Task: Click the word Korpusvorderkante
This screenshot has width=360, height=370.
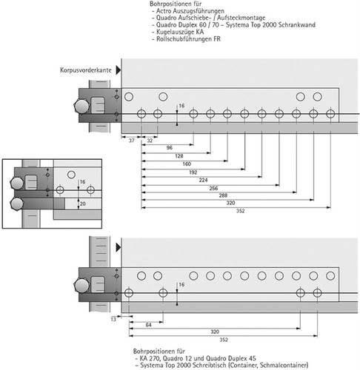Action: pyautogui.click(x=86, y=70)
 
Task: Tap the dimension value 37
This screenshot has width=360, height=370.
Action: pyautogui.click(x=132, y=141)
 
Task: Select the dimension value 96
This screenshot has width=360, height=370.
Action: pyautogui.click(x=170, y=148)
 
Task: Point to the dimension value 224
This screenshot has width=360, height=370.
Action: pyautogui.click(x=203, y=181)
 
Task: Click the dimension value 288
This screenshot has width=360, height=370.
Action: pyautogui.click(x=223, y=195)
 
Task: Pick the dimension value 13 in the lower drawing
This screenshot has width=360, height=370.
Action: pyautogui.click(x=113, y=320)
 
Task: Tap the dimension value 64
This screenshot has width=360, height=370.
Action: pyautogui.click(x=148, y=325)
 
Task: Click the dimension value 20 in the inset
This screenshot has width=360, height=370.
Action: pyautogui.click(x=83, y=204)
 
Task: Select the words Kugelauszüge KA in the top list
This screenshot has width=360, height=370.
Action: pyautogui.click(x=180, y=32)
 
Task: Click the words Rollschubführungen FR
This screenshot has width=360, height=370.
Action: pyautogui.click(x=188, y=39)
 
